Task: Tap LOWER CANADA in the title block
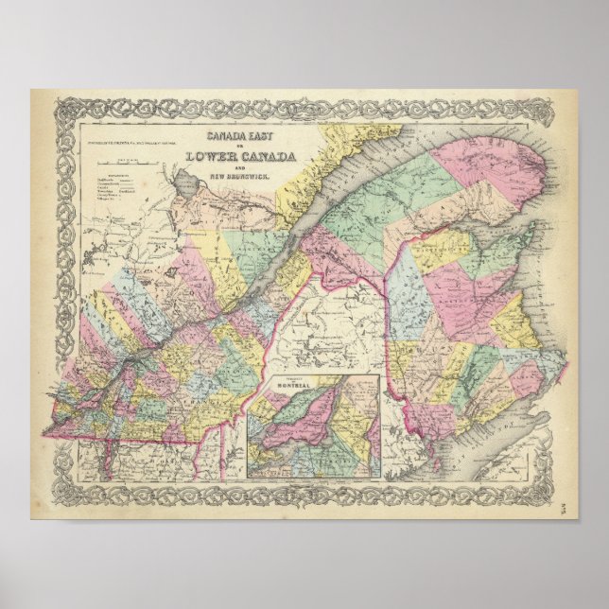240,157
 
